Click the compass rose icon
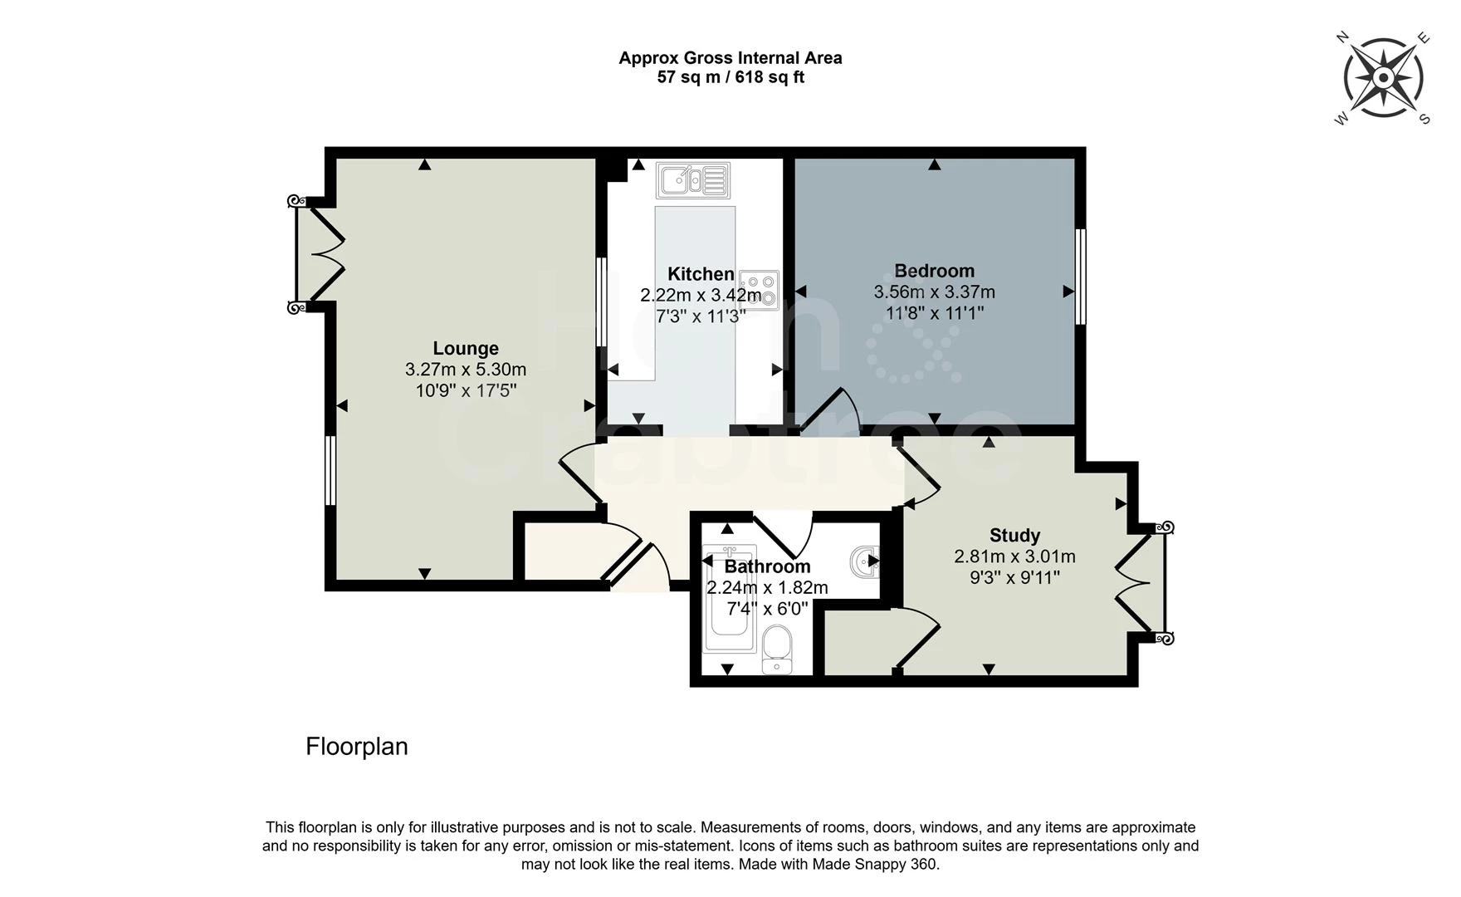(1384, 79)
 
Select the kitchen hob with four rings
(759, 291)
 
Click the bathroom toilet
(777, 650)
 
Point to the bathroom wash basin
(865, 562)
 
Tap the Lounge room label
(466, 349)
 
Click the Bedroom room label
(935, 271)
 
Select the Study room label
(1014, 536)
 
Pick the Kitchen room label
(701, 274)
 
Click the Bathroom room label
(767, 566)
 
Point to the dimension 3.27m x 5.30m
(466, 370)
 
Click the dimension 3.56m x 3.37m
(935, 292)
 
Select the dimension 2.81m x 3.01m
(1014, 556)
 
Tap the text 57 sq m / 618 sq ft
(730, 77)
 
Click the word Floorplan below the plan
(357, 747)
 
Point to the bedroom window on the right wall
(1080, 277)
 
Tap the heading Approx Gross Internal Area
(730, 58)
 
